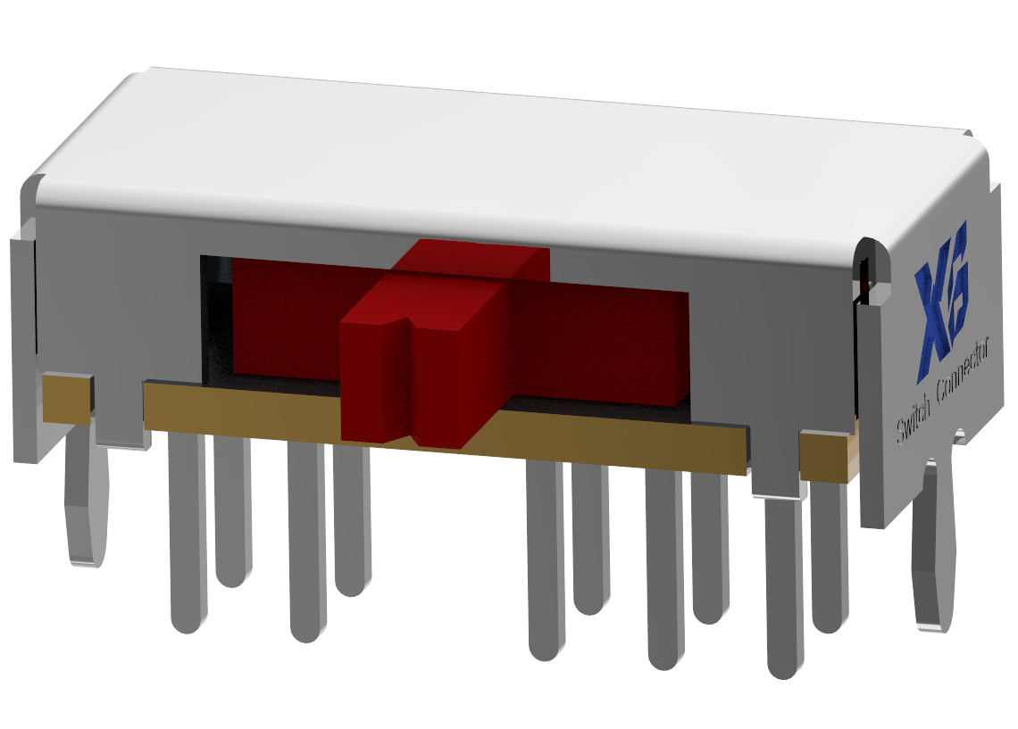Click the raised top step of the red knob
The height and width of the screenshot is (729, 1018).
(x=473, y=259)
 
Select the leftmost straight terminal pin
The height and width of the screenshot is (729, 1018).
(x=187, y=535)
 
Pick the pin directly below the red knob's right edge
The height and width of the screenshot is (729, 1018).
(x=546, y=562)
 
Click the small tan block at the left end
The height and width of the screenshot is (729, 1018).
(x=66, y=398)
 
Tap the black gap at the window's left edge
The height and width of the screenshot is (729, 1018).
(x=215, y=321)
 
